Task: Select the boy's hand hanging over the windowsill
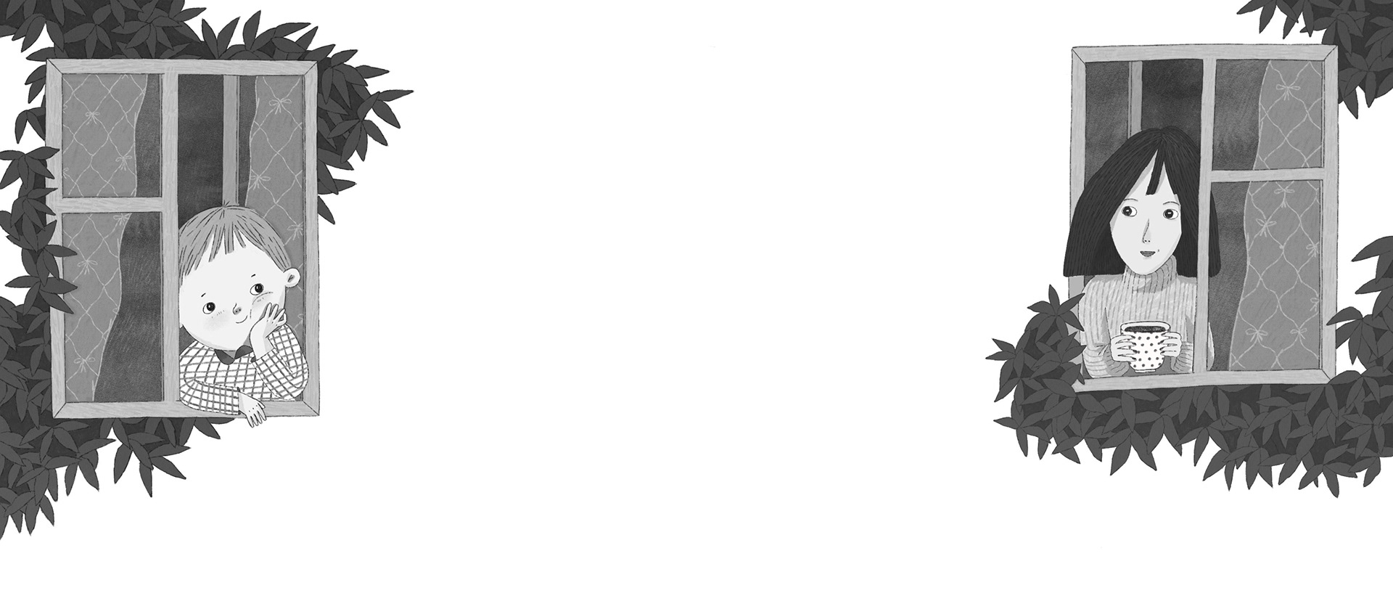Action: pos(253,411)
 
